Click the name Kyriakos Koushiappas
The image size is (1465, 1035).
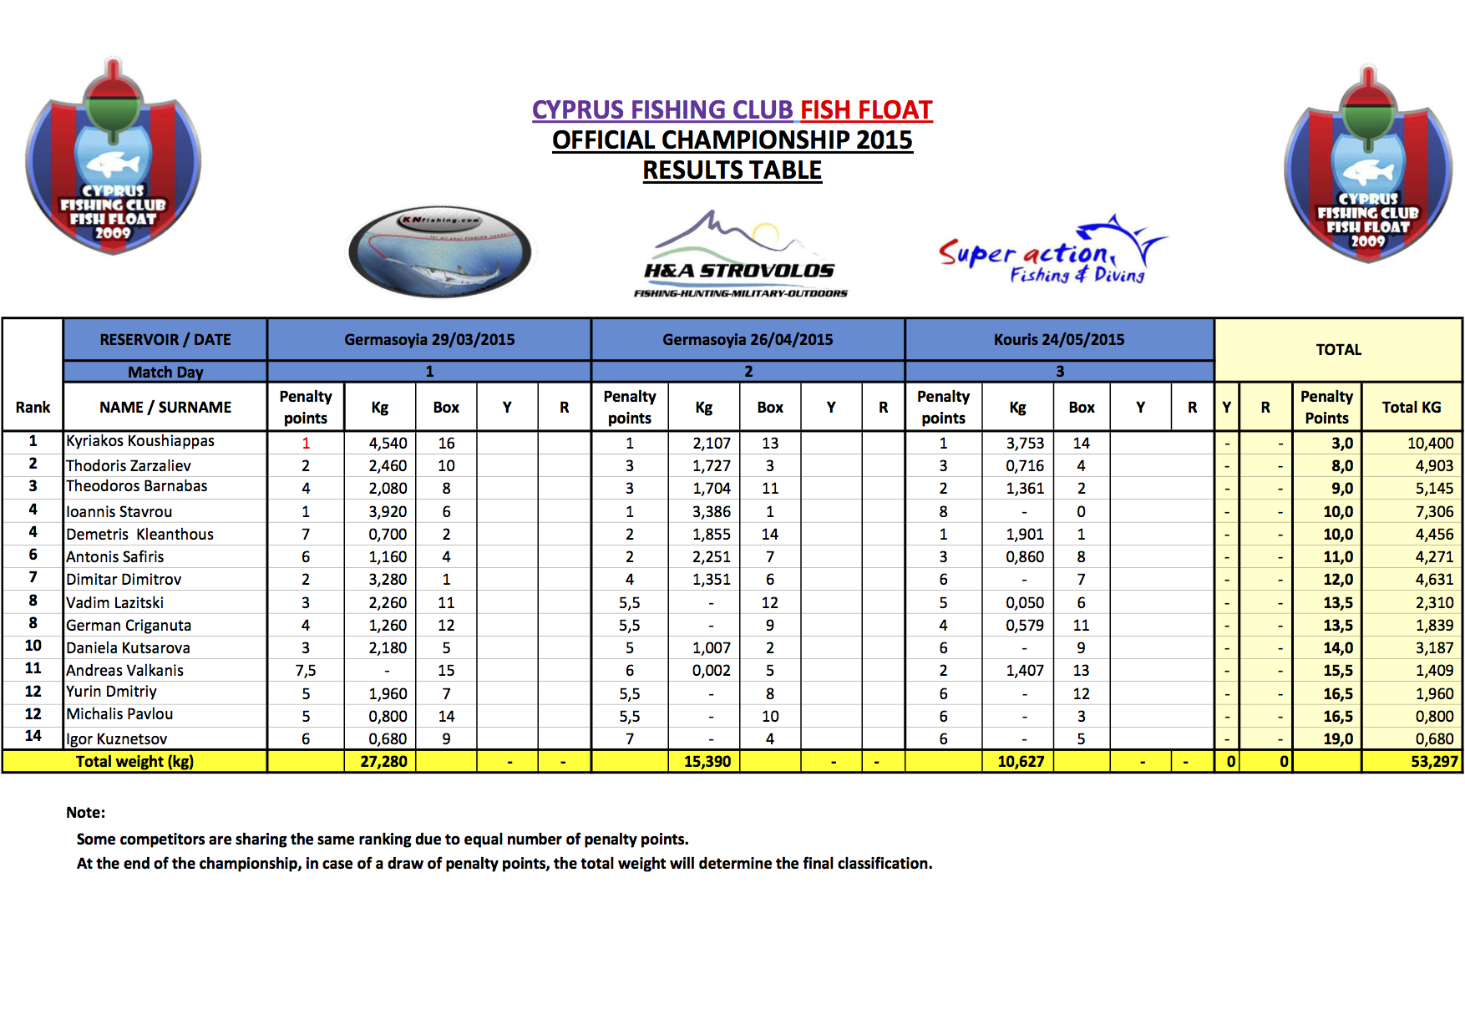coord(140,441)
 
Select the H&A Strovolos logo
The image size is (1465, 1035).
coord(740,255)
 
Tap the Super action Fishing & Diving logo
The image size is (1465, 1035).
coord(1052,252)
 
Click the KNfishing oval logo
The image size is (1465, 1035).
coord(440,251)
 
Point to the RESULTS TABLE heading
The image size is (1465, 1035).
coord(732,170)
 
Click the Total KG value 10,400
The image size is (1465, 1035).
coord(1430,444)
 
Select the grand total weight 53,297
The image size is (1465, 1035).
coord(1434,762)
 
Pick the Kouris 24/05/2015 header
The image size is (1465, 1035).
coord(1059,340)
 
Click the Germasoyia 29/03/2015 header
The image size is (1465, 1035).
coord(429,340)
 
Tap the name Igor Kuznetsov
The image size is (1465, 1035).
coord(117,739)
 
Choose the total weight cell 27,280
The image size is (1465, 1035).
coord(383,762)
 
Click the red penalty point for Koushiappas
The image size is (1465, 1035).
coord(306,444)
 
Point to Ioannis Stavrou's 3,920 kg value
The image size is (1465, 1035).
coord(388,512)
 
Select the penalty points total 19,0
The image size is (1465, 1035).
coord(1338,739)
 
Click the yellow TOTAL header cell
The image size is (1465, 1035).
coord(1338,350)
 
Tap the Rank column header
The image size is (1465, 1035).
coord(33,408)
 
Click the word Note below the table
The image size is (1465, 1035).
coord(85,813)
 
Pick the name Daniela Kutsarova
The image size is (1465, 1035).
coord(129,648)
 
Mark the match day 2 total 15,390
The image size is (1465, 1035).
coord(707,762)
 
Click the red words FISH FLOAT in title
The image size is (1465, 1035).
coord(866,110)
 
